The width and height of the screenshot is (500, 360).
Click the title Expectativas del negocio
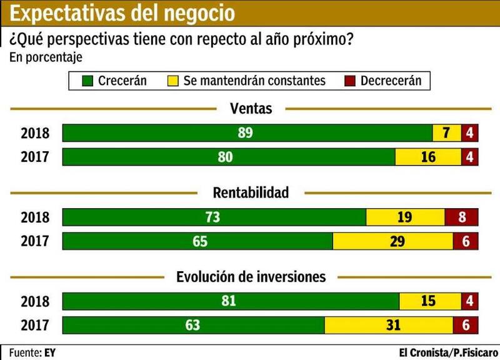click(123, 12)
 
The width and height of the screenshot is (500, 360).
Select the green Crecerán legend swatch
click(87, 81)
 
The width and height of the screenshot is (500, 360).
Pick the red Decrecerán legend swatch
click(349, 81)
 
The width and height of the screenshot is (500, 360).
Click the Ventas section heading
click(251, 109)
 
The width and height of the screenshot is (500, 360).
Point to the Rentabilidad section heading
click(251, 192)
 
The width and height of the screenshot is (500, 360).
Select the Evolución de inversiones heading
click(251, 277)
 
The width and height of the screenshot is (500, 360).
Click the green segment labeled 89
click(247, 133)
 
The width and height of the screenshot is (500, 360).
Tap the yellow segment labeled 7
click(447, 133)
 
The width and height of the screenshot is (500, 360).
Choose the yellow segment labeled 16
click(429, 157)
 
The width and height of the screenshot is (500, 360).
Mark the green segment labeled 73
click(214, 217)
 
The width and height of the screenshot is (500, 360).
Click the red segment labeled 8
click(462, 217)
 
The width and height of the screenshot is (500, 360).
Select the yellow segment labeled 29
click(392, 241)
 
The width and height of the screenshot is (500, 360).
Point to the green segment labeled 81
click(231, 301)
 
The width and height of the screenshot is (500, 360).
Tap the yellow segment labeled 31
click(389, 325)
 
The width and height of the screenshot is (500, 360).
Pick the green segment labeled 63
click(194, 325)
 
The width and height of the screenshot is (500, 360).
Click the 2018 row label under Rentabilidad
click(35, 217)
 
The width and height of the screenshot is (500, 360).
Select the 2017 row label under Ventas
click(35, 157)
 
